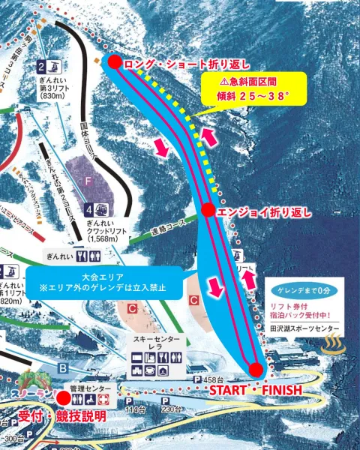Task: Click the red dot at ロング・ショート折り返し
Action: [x=114, y=62]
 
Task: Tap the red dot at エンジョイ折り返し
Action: [x=208, y=211]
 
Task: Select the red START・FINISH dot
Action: [x=256, y=369]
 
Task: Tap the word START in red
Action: [x=227, y=391]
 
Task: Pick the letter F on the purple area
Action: [x=88, y=181]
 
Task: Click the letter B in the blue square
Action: [x=64, y=367]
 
